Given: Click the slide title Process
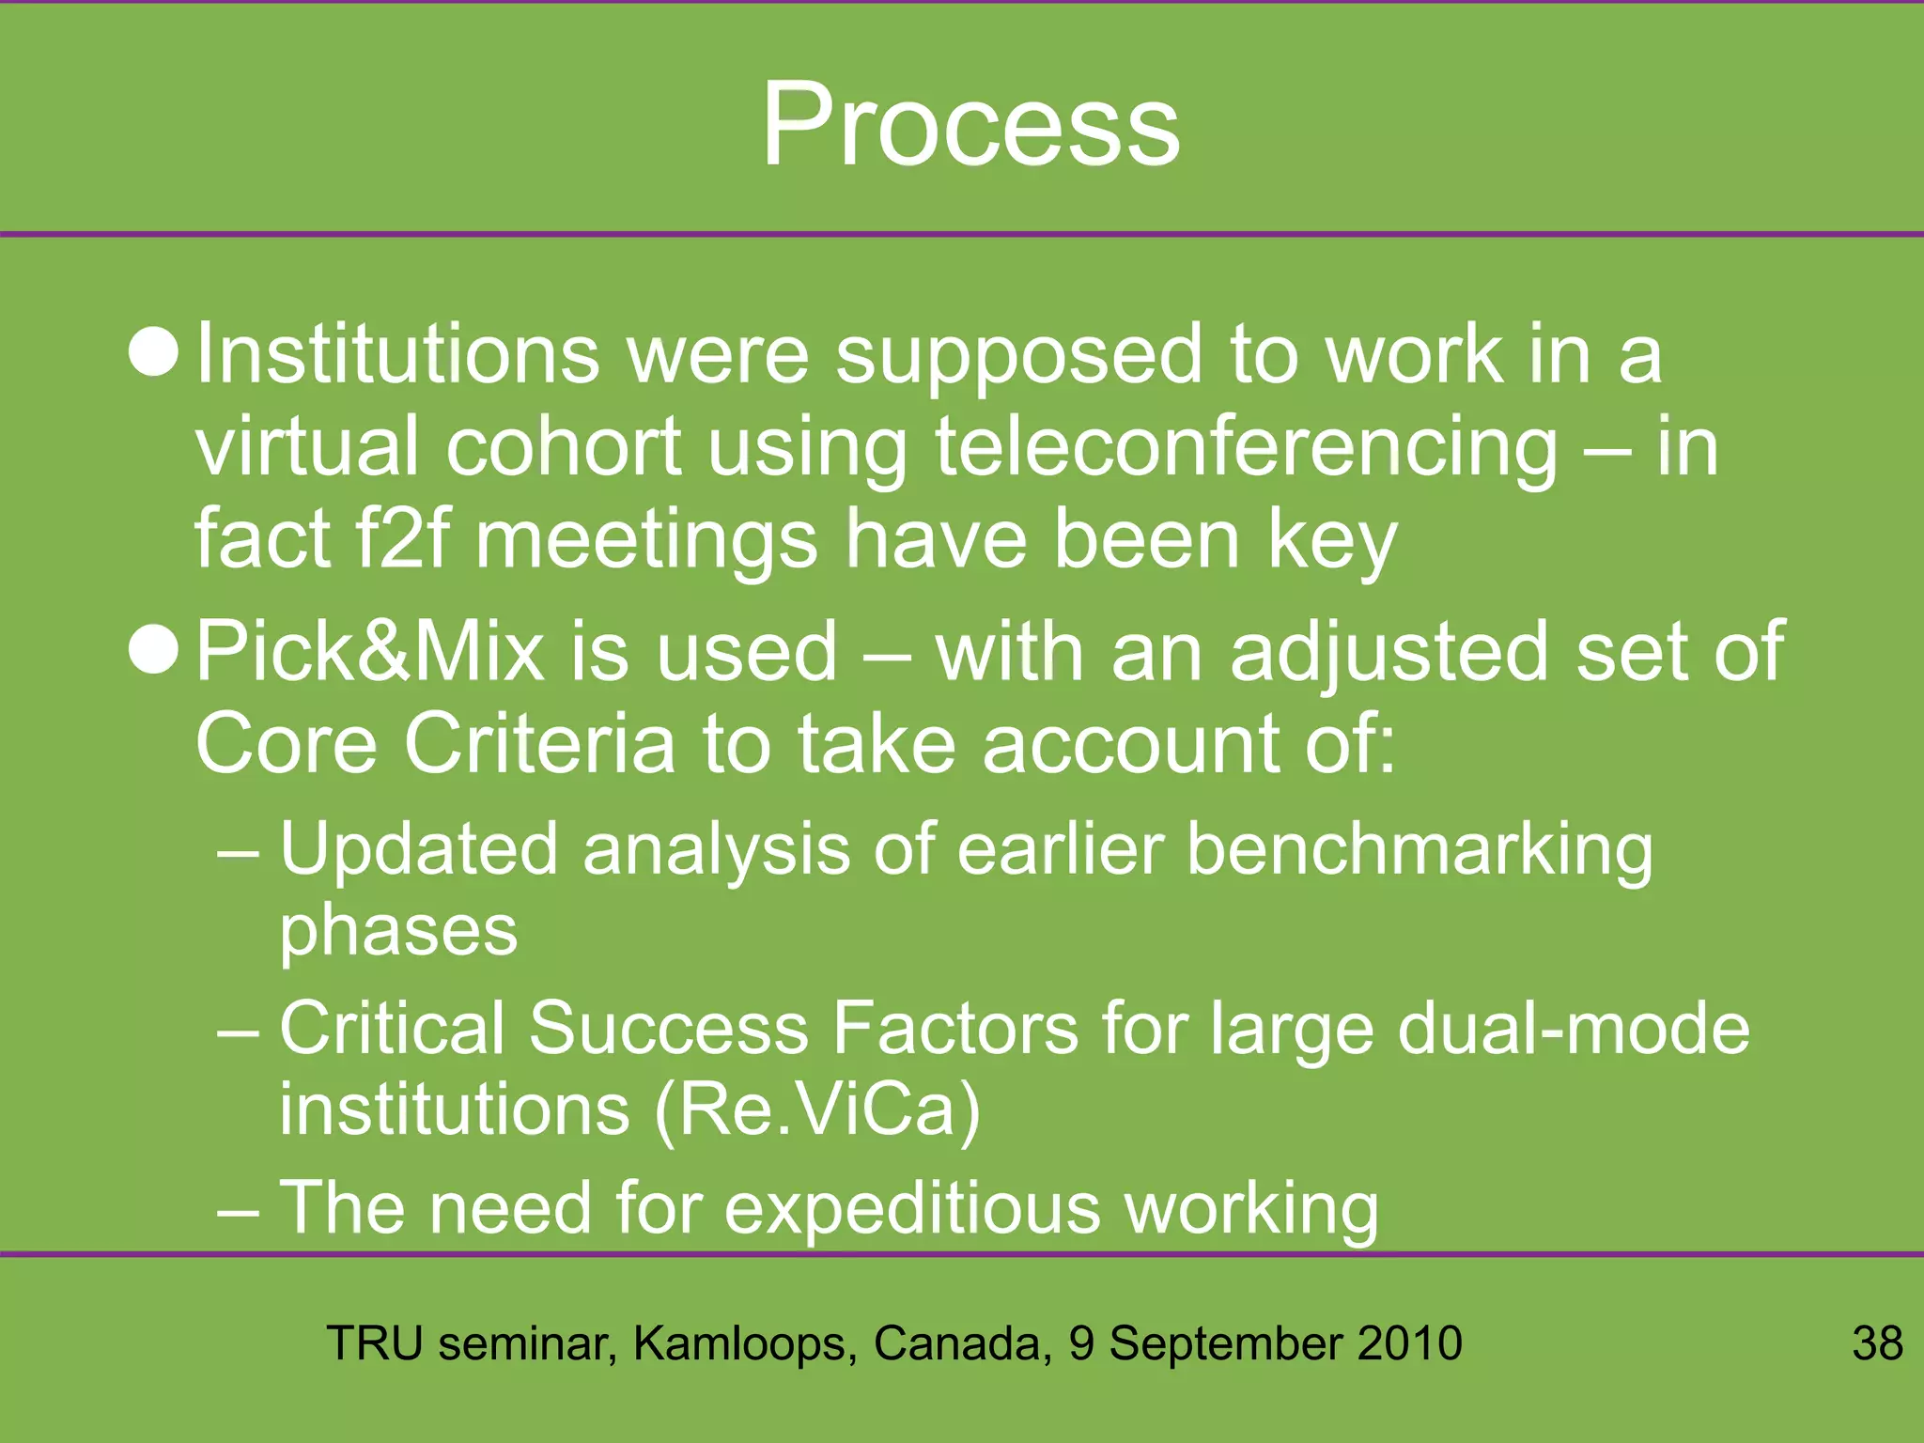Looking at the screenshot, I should [970, 125].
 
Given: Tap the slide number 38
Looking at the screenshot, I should [1877, 1342].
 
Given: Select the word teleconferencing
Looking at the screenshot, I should [1246, 449].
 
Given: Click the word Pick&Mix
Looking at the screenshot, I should [369, 651].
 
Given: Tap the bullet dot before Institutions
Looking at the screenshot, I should [153, 354].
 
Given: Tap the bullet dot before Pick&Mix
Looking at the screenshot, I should [153, 651].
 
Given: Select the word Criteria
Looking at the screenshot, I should [539, 743].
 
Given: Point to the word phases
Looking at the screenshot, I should [398, 932].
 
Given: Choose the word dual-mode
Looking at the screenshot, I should [1573, 1029].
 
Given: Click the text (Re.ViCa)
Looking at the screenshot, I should [817, 1110].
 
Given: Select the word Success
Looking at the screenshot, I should [669, 1029].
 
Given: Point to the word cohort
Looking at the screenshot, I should [563, 447].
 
